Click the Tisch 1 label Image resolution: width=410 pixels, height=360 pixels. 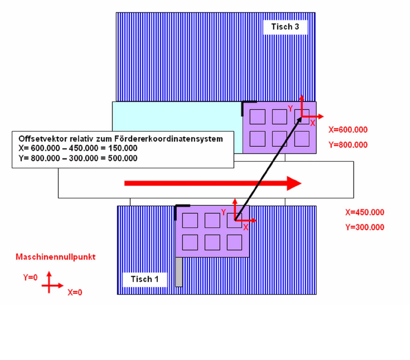tap(144, 279)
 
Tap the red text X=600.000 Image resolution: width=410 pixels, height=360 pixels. tap(348, 130)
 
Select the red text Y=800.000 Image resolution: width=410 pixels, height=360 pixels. tap(348, 144)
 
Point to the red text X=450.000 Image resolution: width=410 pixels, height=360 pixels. tap(364, 212)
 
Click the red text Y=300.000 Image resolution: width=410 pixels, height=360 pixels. tap(364, 227)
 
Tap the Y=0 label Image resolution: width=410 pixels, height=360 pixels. tap(30, 278)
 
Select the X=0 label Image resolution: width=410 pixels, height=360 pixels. tap(75, 292)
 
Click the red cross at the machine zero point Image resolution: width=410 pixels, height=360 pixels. tap(49, 285)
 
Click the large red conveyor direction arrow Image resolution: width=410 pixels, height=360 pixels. tap(213, 183)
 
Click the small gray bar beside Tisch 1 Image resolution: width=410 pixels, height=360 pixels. tap(179, 272)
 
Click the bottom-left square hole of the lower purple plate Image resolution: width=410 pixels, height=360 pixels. tap(190, 242)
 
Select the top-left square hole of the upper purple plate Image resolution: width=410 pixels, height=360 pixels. tap(258, 117)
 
